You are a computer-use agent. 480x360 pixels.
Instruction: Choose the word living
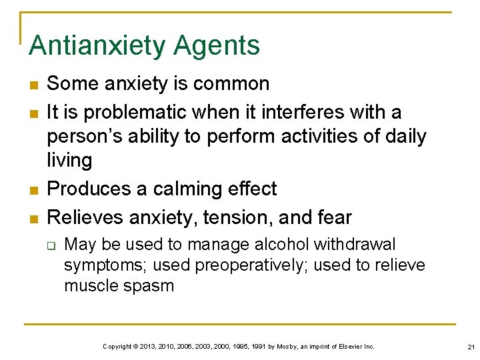(69, 161)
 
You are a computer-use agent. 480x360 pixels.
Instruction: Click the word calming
(191, 189)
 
